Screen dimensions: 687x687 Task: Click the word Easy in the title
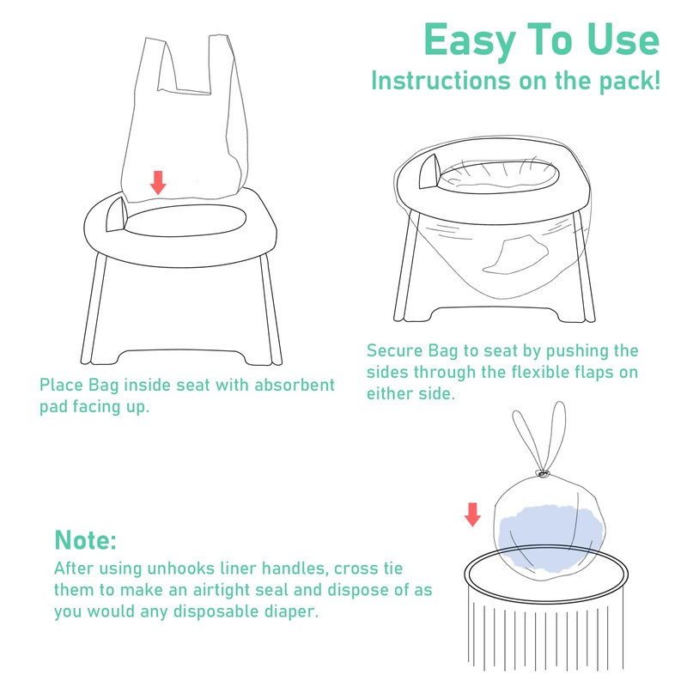470,41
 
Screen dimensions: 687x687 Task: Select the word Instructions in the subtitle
441,81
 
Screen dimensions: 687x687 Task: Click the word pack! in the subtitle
629,82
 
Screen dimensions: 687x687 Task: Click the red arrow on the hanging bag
158,183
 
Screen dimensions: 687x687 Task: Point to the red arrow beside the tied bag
472,514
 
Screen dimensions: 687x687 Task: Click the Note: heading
85,540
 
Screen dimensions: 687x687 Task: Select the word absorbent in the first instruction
295,385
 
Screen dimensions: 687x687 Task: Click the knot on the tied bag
542,473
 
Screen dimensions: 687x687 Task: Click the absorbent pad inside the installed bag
516,253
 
